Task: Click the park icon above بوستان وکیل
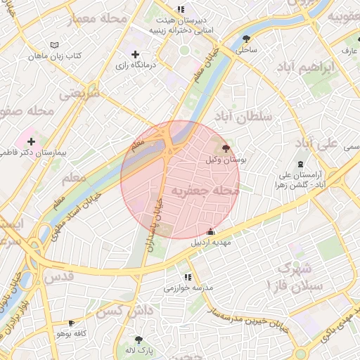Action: [x=225, y=148]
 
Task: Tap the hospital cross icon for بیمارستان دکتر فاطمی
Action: [x=31, y=141]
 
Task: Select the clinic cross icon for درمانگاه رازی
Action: [x=136, y=54]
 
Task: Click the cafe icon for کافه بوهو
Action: [x=70, y=323]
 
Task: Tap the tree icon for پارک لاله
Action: [x=139, y=338]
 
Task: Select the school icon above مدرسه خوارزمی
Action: [x=187, y=277]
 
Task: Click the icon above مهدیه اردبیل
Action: [x=210, y=232]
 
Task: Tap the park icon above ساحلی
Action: [x=246, y=39]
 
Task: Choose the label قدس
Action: [x=59, y=276]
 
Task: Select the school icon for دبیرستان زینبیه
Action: [x=181, y=9]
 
